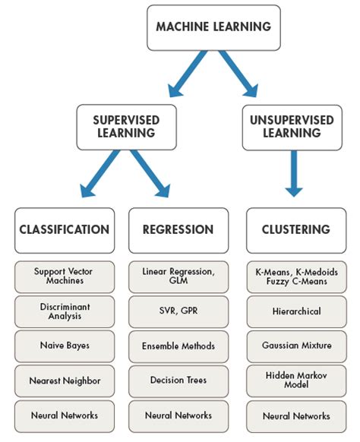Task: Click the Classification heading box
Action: point(65,230)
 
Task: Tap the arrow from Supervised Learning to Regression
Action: point(150,173)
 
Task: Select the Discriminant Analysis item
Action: point(65,311)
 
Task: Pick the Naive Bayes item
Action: point(65,346)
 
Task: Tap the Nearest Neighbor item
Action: point(65,380)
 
